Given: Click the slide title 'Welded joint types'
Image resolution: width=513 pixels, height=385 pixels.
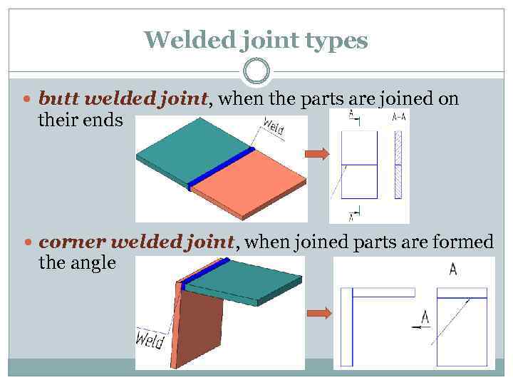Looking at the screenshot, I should tap(256, 40).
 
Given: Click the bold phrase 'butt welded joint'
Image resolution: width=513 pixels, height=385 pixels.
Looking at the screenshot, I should tap(123, 99).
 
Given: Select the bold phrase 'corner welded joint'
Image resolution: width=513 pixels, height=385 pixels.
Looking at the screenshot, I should tap(136, 242).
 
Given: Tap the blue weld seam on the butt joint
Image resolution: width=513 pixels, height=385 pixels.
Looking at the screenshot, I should tap(221, 169).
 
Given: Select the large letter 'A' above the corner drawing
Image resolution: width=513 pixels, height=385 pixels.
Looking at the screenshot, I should tap(453, 269).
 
